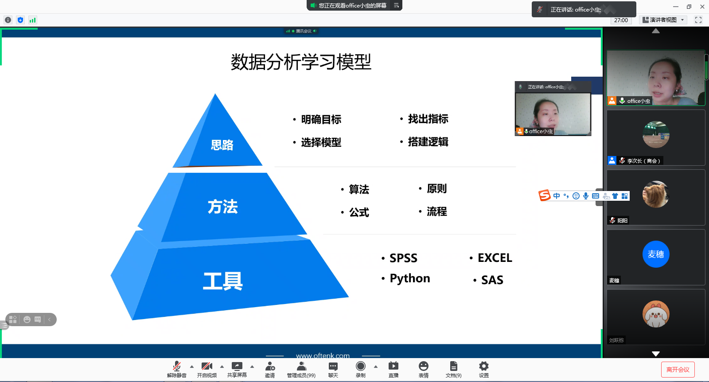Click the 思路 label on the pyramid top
pos(222,145)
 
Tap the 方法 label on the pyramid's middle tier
pos(222,207)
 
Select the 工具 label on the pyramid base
pos(223,281)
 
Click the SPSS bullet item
pos(403,258)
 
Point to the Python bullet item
pos(410,278)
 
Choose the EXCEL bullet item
pos(495,258)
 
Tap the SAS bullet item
pos(492,280)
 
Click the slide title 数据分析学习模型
pos(301,62)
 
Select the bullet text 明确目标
pos(321,119)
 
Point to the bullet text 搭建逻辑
pos(428,142)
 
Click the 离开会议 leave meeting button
pos(678,369)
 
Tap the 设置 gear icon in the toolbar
pos(483,366)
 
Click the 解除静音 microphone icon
pos(177,366)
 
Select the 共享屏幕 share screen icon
pos(237,366)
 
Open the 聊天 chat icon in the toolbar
pos(333,366)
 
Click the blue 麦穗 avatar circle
pos(656,254)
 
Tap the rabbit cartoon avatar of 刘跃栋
pos(656,314)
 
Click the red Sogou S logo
pos(545,195)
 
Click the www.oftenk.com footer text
pos(323,356)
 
